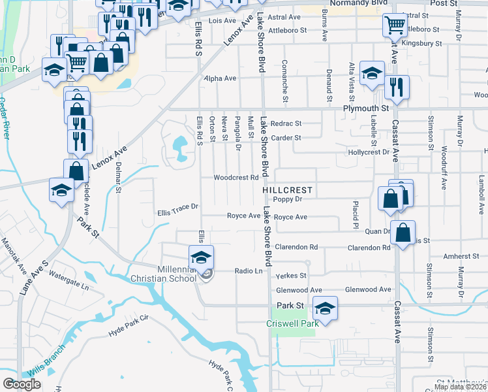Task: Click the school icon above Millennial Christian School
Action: (x=202, y=256)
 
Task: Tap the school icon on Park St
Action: (x=324, y=308)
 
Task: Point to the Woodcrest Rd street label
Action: (x=232, y=178)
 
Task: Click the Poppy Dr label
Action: (x=289, y=199)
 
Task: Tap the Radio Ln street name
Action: (x=248, y=270)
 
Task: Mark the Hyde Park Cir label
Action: (x=129, y=327)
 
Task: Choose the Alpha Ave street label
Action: (x=220, y=78)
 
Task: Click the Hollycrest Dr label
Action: (x=368, y=152)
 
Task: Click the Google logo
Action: (x=22, y=384)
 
